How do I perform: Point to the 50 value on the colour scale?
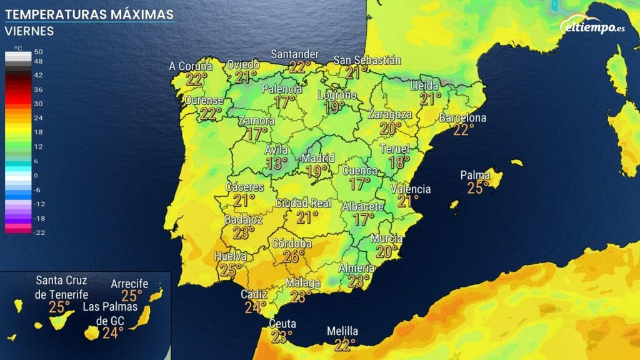(38, 51)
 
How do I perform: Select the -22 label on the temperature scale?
(38, 232)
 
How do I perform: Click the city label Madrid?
(318, 158)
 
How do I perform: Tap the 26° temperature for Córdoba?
(293, 256)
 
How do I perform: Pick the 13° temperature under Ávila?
(277, 164)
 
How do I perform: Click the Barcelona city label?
(462, 118)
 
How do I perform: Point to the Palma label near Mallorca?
(475, 175)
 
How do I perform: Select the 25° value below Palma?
(478, 187)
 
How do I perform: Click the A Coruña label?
(191, 66)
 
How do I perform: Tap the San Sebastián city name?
(367, 60)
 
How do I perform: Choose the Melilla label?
(343, 331)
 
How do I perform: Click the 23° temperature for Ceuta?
(282, 337)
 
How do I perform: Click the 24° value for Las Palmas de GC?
(112, 332)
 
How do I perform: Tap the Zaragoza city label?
(390, 115)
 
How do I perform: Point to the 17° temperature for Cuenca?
(360, 184)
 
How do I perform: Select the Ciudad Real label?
(303, 204)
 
